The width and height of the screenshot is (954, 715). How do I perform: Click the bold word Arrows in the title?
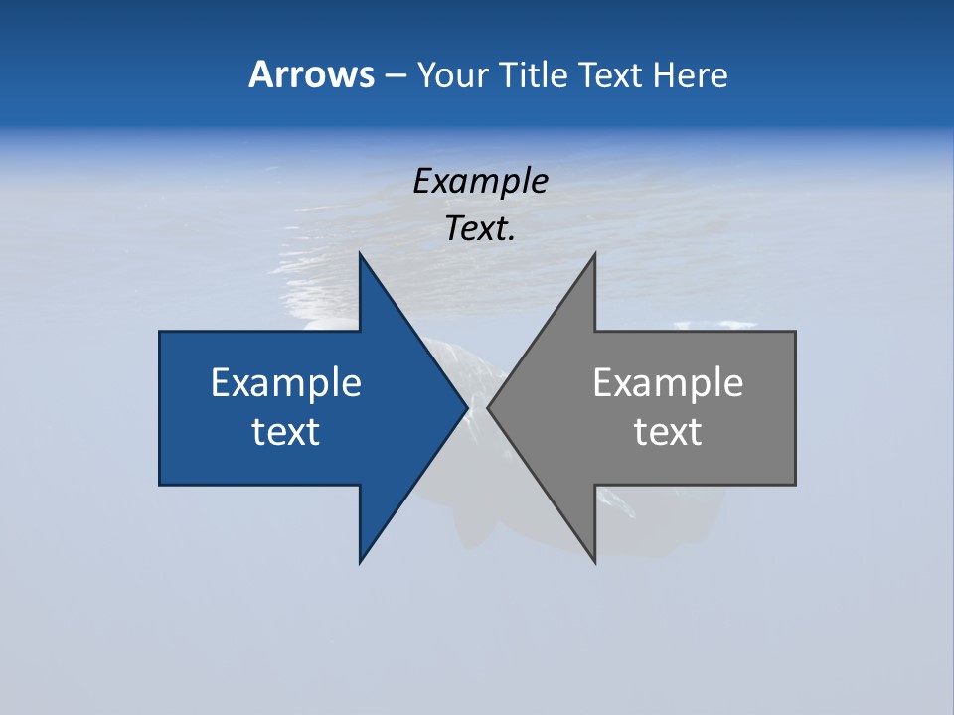311,74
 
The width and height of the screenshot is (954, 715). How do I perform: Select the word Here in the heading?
691,74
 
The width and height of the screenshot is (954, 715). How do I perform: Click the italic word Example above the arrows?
480,181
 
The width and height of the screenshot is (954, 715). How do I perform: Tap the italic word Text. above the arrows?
480,228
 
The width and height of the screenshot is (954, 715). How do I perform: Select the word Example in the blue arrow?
286,382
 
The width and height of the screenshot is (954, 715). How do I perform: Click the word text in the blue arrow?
286,431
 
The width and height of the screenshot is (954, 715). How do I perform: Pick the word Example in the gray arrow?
668,382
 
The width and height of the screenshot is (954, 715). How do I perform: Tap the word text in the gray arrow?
668,431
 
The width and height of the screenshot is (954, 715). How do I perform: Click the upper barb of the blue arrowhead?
362,260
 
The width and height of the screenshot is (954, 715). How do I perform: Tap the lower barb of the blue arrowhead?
362,556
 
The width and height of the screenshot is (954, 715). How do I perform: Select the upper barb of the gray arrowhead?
592,260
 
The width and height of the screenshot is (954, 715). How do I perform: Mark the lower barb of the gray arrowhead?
592,556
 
